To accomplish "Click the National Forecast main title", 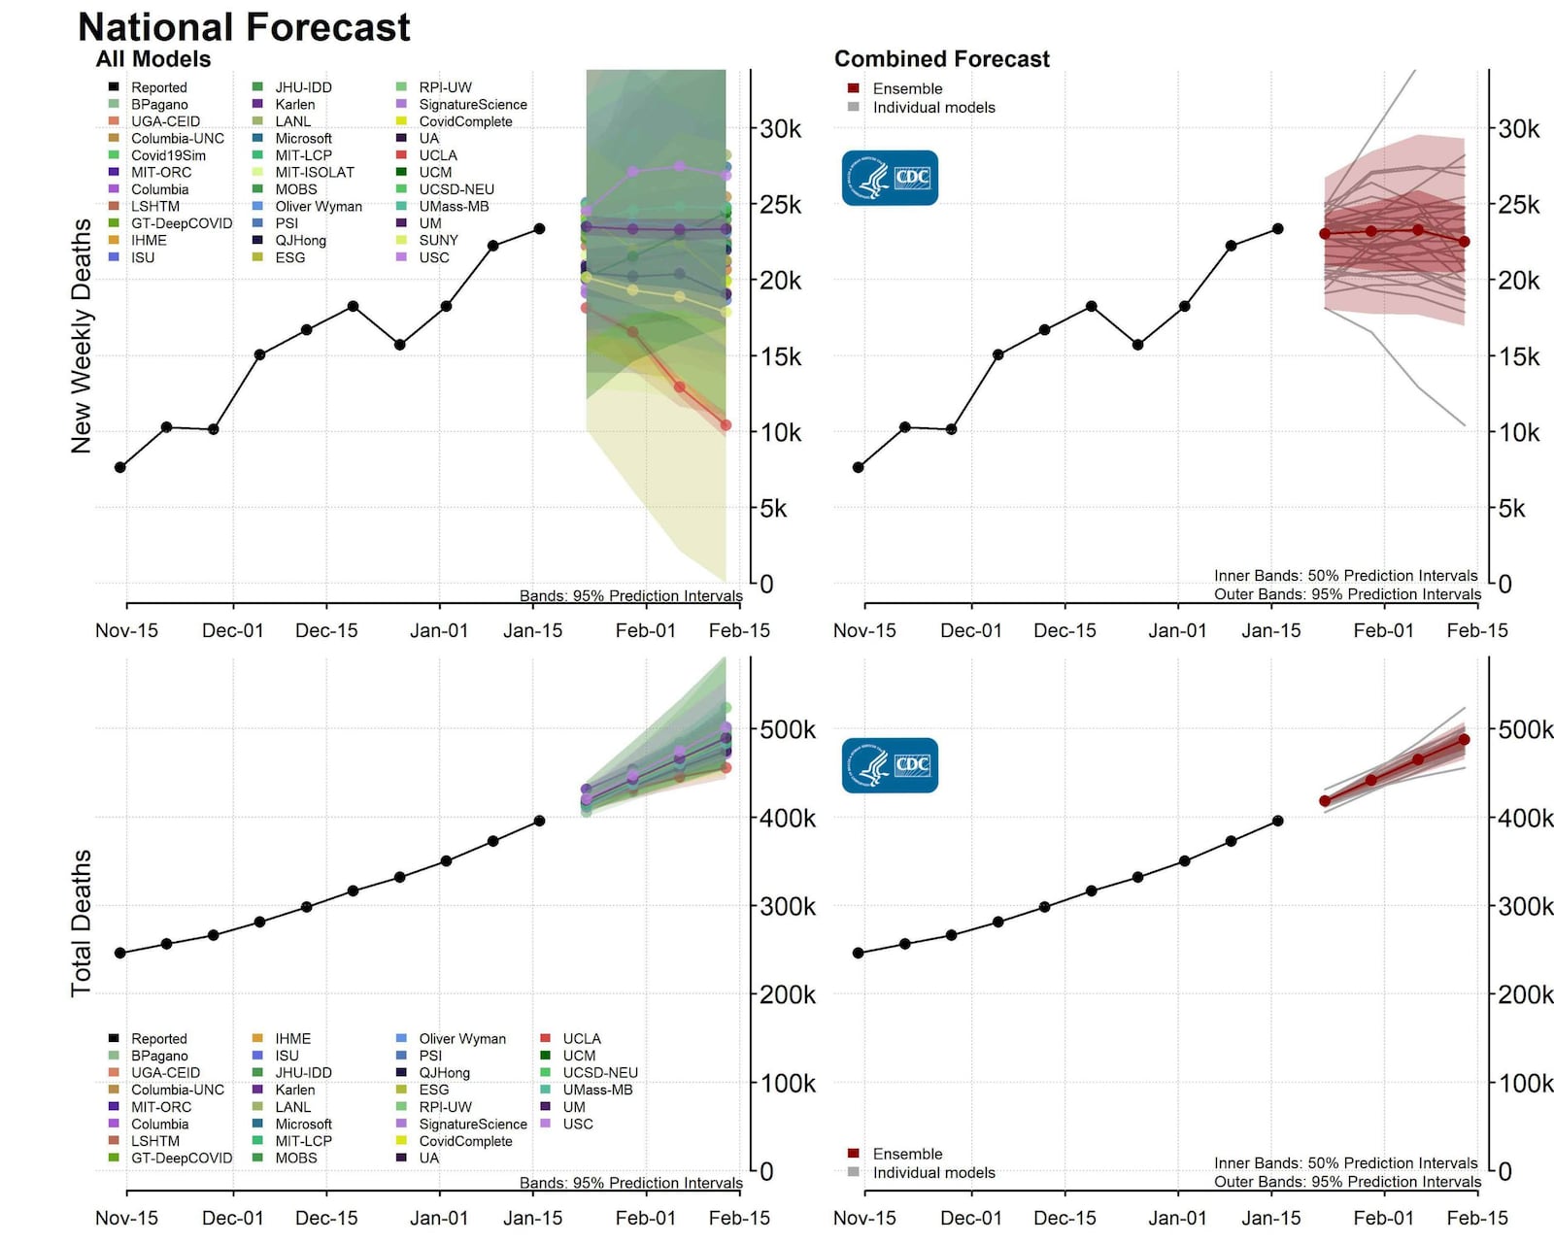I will pyautogui.click(x=244, y=27).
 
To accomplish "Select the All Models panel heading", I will pyautogui.click(x=153, y=59).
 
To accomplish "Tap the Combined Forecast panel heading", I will pyautogui.click(x=941, y=59).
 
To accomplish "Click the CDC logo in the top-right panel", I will pyautogui.click(x=890, y=178).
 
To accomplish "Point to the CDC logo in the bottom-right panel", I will pyautogui.click(x=890, y=765).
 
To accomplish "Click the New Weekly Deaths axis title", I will pyautogui.click(x=82, y=335).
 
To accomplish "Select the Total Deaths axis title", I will pyautogui.click(x=82, y=923).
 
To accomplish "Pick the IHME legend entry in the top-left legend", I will pyautogui.click(x=149, y=240).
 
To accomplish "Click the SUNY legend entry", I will pyautogui.click(x=438, y=240).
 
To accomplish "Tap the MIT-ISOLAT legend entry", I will pyautogui.click(x=314, y=172).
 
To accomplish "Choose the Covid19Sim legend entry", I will pyautogui.click(x=168, y=155).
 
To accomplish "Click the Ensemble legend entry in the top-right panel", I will pyautogui.click(x=907, y=88).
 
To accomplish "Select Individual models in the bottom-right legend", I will pyautogui.click(x=933, y=1172).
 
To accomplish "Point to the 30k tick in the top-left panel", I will pyautogui.click(x=780, y=128).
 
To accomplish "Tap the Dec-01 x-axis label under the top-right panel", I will pyautogui.click(x=970, y=630).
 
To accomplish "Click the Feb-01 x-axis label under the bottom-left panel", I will pyautogui.click(x=645, y=1218).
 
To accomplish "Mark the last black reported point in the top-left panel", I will pyautogui.click(x=539, y=229).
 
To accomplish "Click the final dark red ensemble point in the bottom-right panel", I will pyautogui.click(x=1464, y=740).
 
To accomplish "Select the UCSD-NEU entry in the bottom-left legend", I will pyautogui.click(x=599, y=1073).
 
